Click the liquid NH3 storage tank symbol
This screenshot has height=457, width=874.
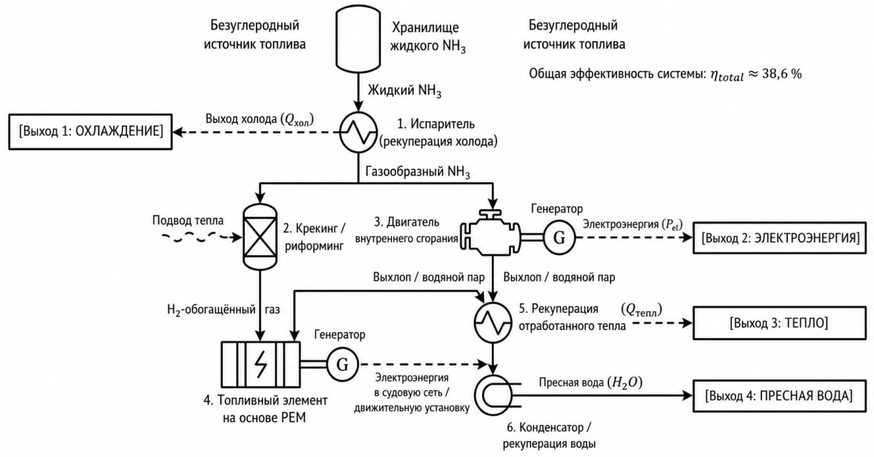[358, 39]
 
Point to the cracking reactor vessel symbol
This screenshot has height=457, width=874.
[260, 237]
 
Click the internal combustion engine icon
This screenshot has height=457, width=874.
[490, 232]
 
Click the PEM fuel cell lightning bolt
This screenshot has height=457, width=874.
[261, 364]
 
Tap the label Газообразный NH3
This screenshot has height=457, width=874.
[417, 172]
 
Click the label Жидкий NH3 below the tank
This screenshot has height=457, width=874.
[405, 91]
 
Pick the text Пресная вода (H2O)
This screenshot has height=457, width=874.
[591, 383]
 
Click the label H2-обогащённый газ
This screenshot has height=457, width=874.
[223, 310]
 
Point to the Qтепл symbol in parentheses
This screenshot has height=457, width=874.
[641, 310]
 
